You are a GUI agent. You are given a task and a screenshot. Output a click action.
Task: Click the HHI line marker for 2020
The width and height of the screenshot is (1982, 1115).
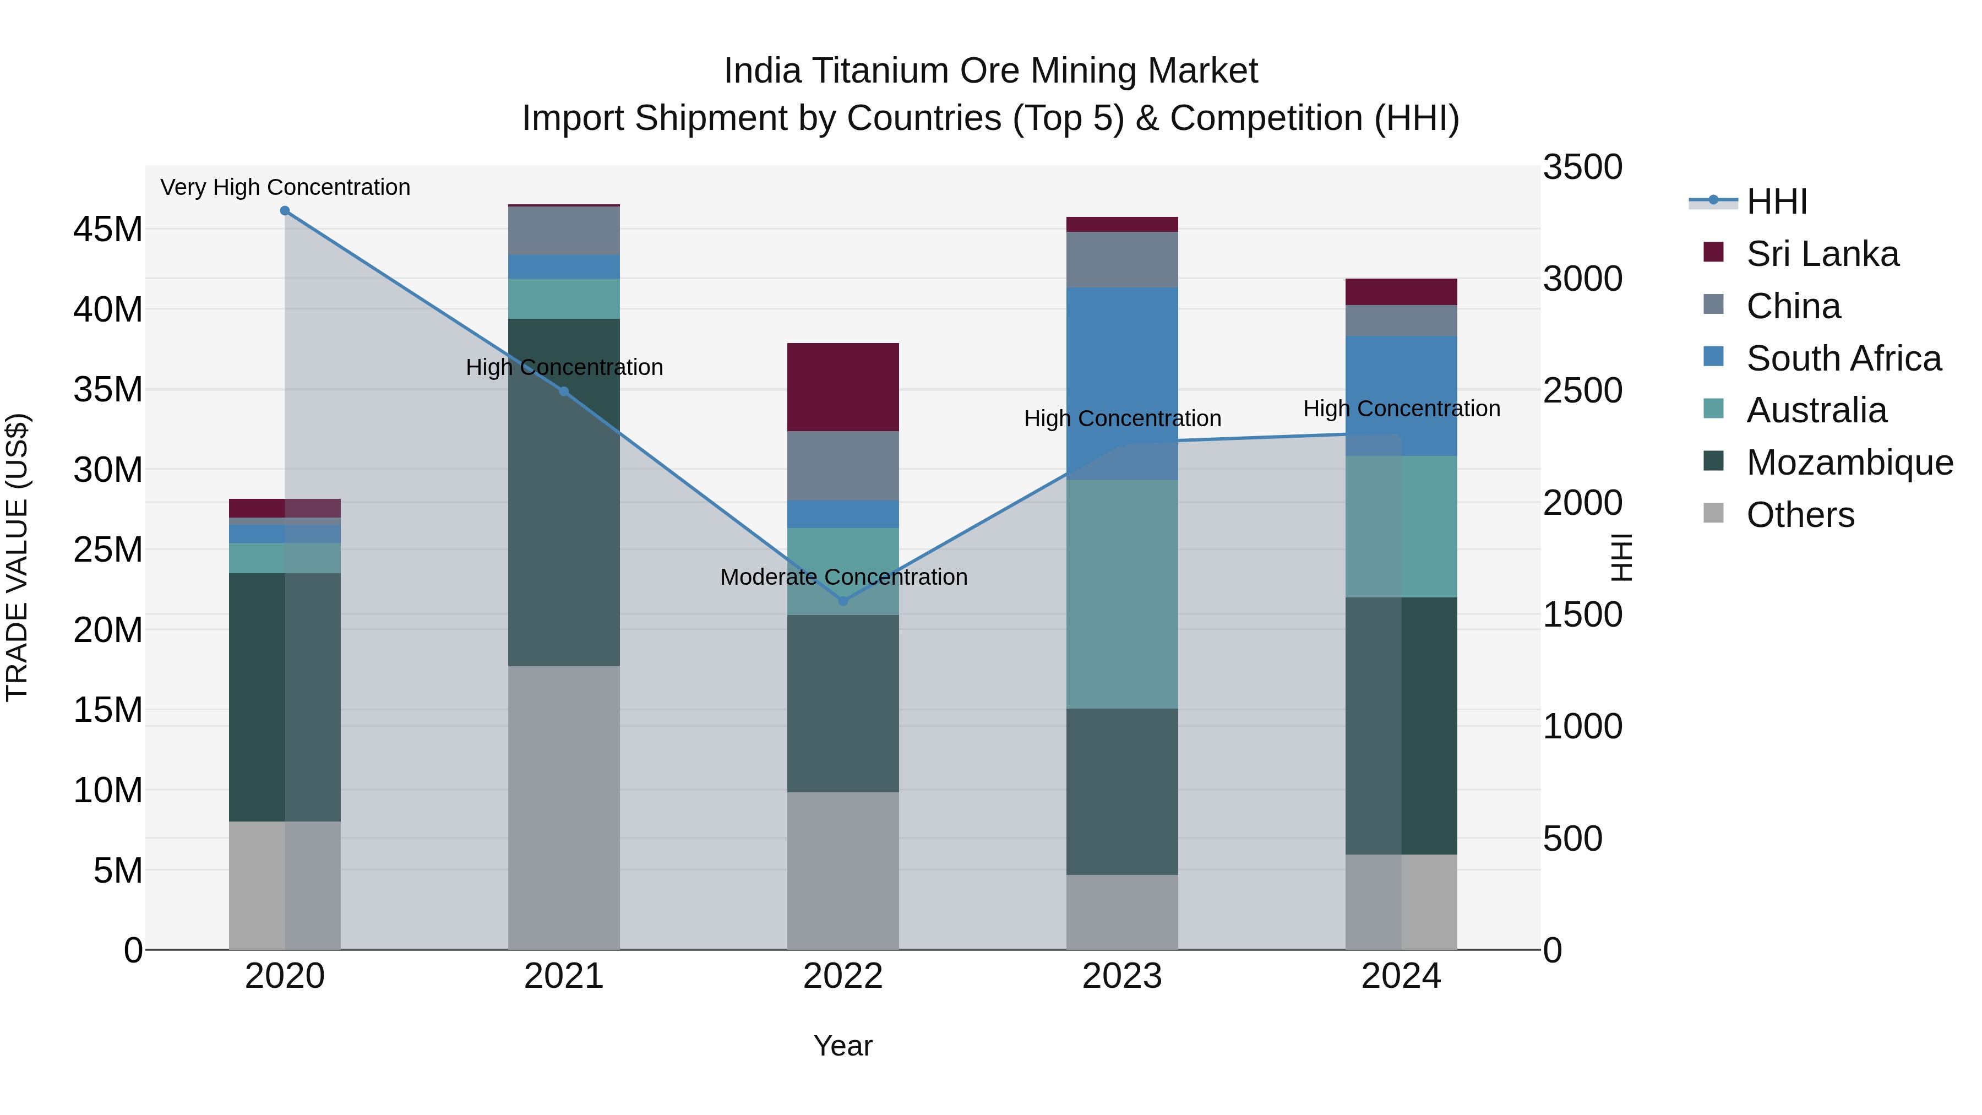(x=285, y=211)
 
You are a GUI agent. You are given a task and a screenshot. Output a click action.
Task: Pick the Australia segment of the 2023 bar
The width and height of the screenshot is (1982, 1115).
(x=1122, y=594)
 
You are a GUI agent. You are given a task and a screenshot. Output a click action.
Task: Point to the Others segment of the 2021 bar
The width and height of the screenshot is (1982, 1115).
(x=563, y=808)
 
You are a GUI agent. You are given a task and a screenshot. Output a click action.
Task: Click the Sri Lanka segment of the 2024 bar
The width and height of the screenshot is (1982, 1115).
(x=1401, y=292)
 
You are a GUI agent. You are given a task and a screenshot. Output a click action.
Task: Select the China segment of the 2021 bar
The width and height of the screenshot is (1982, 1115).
(x=563, y=231)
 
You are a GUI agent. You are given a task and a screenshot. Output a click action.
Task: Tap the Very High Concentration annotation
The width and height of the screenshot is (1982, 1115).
(x=285, y=187)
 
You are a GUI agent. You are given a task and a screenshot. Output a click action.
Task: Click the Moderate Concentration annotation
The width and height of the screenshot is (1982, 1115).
(x=843, y=577)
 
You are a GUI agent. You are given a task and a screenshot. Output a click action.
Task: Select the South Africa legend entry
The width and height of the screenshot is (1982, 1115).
(x=1843, y=358)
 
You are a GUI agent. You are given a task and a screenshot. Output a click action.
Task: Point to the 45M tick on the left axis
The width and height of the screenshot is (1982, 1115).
(x=108, y=229)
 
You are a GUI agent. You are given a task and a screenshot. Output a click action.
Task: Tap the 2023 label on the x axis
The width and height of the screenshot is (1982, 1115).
(x=1122, y=976)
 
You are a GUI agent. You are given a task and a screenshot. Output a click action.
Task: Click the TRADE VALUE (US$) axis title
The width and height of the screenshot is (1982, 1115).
(x=17, y=558)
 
